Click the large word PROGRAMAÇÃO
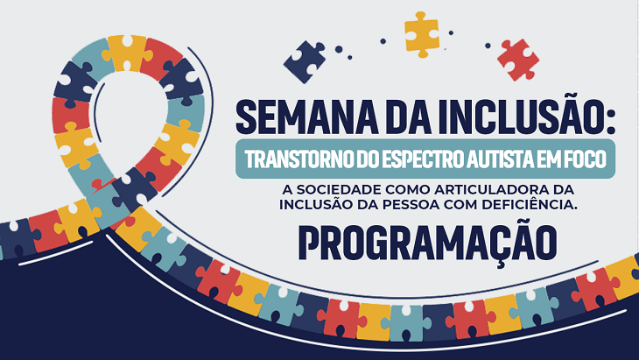click(x=428, y=244)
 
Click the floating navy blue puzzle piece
click(x=305, y=61)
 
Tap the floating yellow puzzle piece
click(x=422, y=35)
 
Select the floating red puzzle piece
click(x=518, y=60)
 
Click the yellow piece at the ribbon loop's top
click(x=127, y=53)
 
